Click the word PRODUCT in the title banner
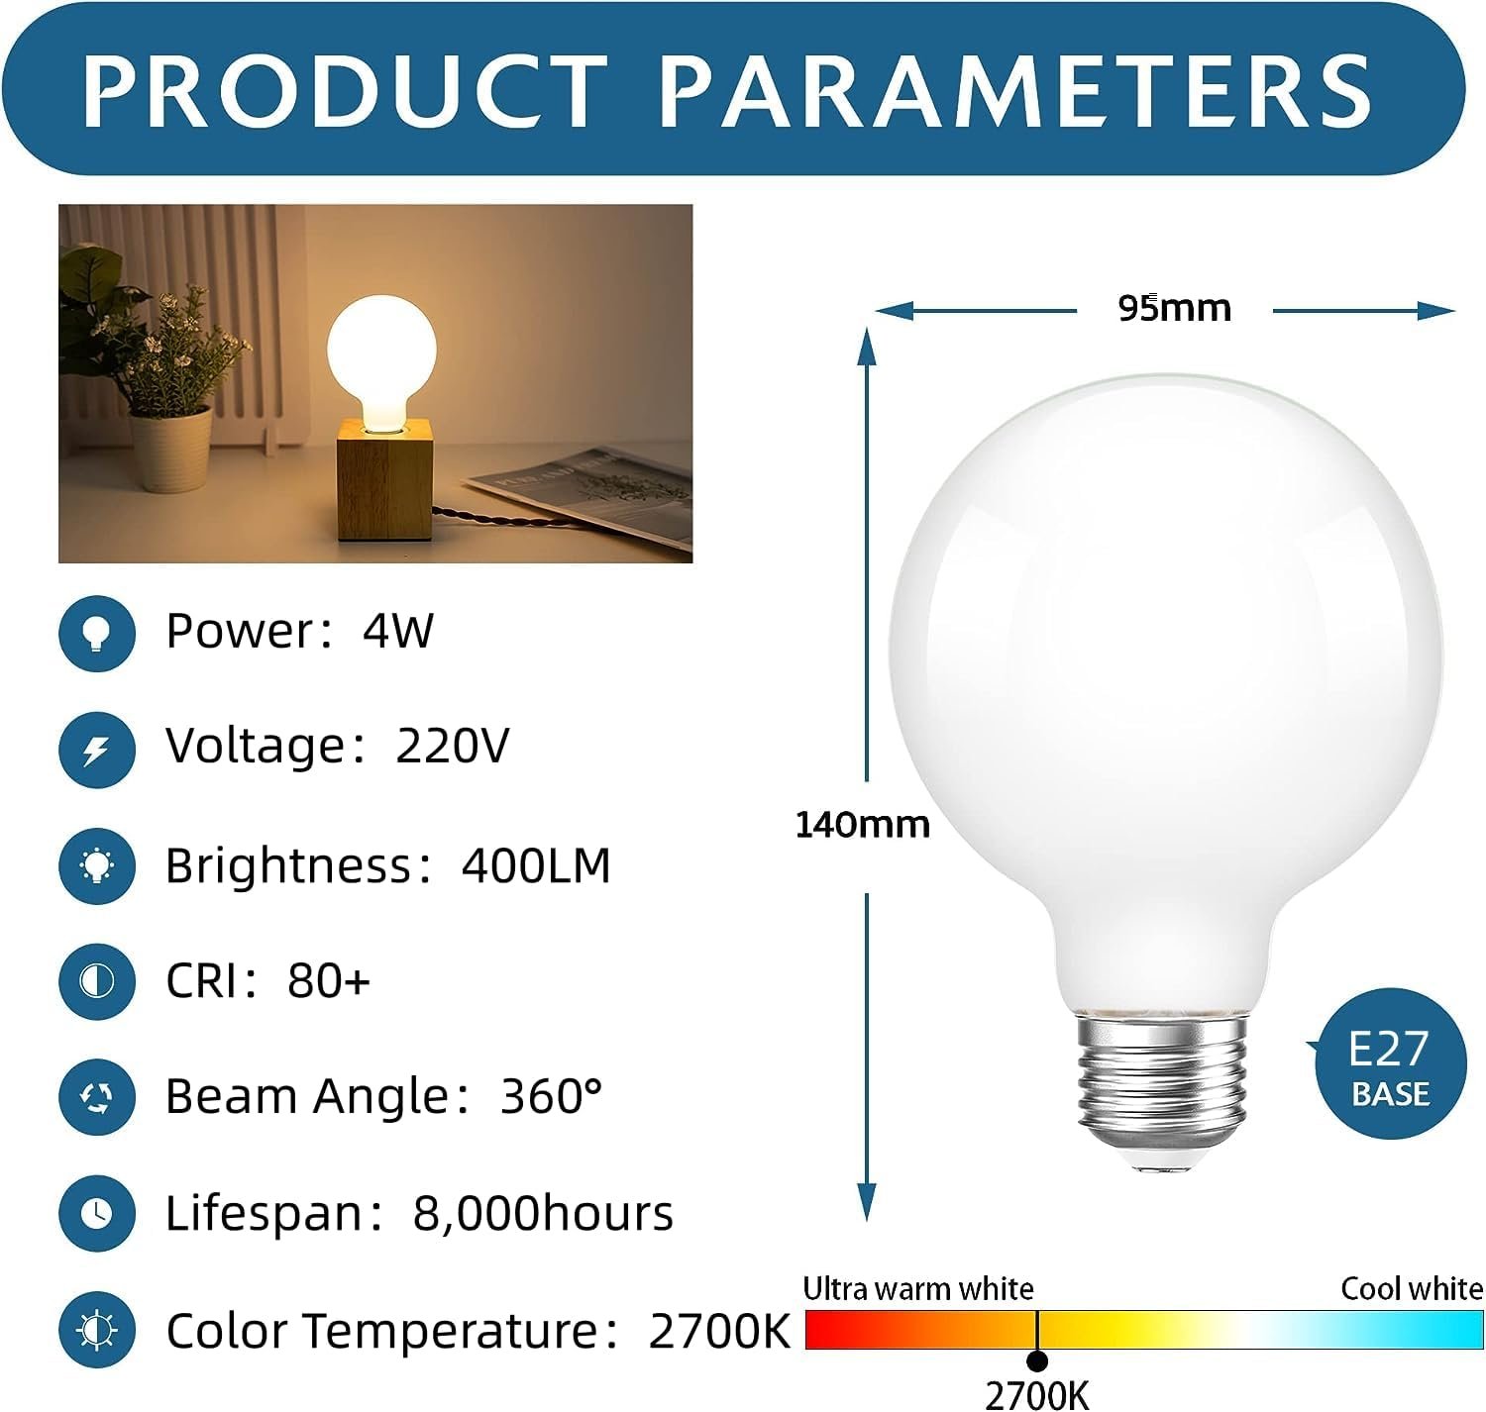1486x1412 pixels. (x=345, y=92)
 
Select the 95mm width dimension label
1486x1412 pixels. (x=1175, y=308)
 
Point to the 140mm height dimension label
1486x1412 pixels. (x=863, y=824)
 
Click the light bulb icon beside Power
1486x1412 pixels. (x=97, y=633)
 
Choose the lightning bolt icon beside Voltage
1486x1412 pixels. (x=97, y=750)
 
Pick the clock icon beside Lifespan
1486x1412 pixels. (x=97, y=1213)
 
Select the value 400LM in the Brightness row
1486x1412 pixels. (x=536, y=865)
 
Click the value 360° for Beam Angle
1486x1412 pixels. (x=551, y=1096)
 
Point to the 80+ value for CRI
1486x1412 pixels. (x=329, y=981)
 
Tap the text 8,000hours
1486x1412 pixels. (x=543, y=1214)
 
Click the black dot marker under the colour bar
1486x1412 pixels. (x=1038, y=1361)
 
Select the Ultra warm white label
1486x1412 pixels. (x=917, y=1288)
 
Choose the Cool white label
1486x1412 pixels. (x=1412, y=1288)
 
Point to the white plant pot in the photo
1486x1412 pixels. (x=170, y=449)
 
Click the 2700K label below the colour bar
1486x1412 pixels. (x=1036, y=1394)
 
